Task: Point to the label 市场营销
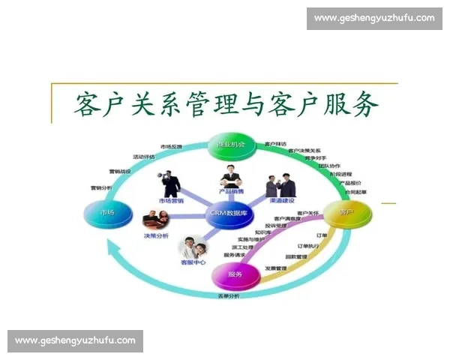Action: pos(172,201)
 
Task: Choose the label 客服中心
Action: pos(193,262)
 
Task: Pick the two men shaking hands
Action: pos(280,185)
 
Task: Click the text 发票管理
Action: pos(276,268)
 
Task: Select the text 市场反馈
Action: pos(171,145)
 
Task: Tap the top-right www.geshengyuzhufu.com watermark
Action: pos(374,18)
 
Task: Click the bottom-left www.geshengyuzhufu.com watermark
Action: pos(75,341)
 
